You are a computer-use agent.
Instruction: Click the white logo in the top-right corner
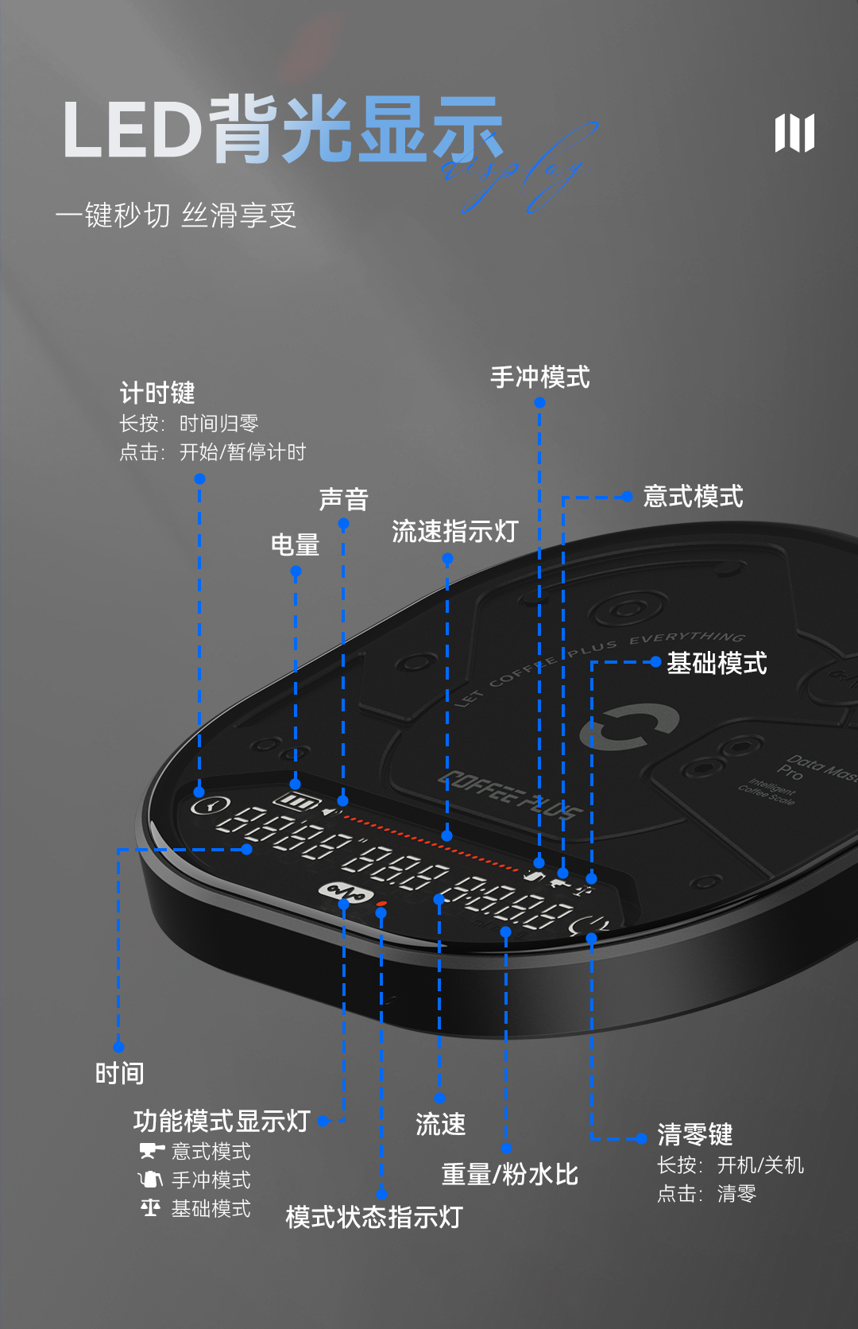coord(794,133)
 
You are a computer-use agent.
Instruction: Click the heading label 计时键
coord(157,393)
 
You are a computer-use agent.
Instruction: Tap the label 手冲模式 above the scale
coord(540,377)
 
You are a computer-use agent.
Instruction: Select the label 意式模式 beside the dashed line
coord(693,497)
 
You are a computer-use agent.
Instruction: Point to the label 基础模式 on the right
coord(717,663)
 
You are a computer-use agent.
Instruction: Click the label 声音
coord(343,499)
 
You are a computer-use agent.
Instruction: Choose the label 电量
coord(295,545)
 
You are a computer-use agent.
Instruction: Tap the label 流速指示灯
coord(454,531)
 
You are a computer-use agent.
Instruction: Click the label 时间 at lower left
coord(119,1074)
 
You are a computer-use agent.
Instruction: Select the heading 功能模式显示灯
coord(222,1121)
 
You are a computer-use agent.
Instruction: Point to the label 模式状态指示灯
coord(373,1217)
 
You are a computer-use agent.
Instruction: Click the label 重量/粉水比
coord(509,1174)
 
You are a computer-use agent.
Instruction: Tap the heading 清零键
coord(694,1134)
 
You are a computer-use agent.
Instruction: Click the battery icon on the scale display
coord(296,801)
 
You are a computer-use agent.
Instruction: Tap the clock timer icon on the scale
coord(211,805)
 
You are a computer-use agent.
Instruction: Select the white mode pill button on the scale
coord(345,892)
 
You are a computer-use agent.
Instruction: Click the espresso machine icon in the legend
coord(151,1151)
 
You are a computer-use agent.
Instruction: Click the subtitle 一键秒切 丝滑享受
coord(176,215)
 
